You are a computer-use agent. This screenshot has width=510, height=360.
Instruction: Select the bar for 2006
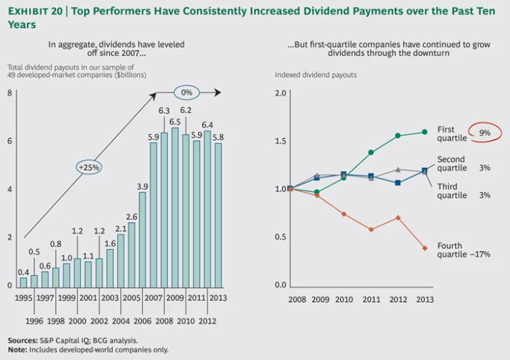point(142,239)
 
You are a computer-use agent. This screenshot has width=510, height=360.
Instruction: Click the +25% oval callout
point(89,167)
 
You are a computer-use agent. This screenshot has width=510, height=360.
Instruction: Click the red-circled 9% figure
point(485,133)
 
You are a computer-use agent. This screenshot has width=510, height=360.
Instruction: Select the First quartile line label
point(452,134)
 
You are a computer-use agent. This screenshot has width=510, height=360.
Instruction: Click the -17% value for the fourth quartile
point(481,254)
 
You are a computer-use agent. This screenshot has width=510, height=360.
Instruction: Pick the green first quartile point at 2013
point(424,132)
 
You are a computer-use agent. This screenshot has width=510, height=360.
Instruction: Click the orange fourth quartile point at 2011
point(371,230)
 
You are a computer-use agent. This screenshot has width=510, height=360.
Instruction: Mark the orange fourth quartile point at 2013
point(424,248)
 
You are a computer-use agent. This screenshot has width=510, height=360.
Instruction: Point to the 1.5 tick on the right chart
point(280,141)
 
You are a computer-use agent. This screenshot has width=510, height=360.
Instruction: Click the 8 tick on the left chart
point(9,92)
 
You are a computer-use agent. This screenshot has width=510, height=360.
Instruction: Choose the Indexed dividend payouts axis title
point(315,75)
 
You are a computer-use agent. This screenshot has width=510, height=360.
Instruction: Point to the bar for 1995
point(23,282)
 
